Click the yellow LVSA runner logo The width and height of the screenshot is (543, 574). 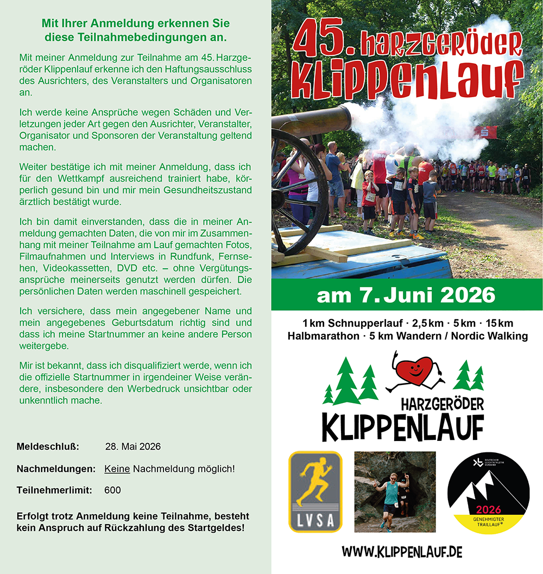pos(315,491)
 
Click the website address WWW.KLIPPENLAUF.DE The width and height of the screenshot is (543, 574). pos(402,552)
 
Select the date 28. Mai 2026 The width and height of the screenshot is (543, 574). pos(132,447)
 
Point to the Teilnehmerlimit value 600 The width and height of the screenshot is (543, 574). pos(112,490)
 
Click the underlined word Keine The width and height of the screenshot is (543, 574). pos(117,469)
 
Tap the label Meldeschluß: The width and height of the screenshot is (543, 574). pos(48,447)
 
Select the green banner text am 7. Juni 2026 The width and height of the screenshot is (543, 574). pos(406,295)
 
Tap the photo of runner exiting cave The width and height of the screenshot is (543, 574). pos(395,491)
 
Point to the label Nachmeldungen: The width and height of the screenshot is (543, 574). pos(56,469)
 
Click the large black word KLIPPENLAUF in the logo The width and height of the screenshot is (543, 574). pos(402,427)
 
